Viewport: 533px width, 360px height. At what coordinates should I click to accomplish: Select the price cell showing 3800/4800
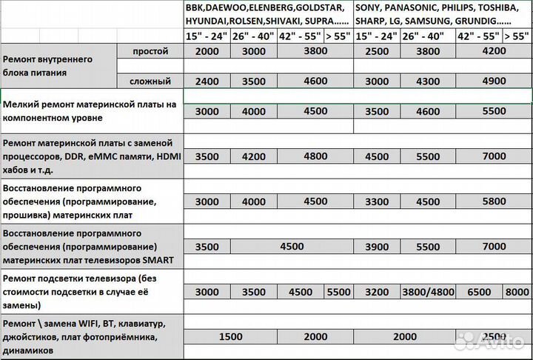click(427, 292)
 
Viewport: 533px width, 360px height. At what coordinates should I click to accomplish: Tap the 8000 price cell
click(517, 292)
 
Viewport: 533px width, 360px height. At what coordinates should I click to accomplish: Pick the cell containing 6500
click(479, 292)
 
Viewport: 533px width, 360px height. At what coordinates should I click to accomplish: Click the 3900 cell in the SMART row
click(378, 246)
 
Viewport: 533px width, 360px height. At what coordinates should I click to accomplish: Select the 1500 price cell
click(231, 336)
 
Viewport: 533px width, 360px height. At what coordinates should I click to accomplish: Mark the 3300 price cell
click(378, 201)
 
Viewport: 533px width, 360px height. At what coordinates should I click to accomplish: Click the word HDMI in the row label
click(164, 156)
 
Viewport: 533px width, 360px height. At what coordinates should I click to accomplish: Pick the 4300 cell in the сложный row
click(427, 81)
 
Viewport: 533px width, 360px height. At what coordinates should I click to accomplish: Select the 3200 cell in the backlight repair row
click(378, 292)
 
